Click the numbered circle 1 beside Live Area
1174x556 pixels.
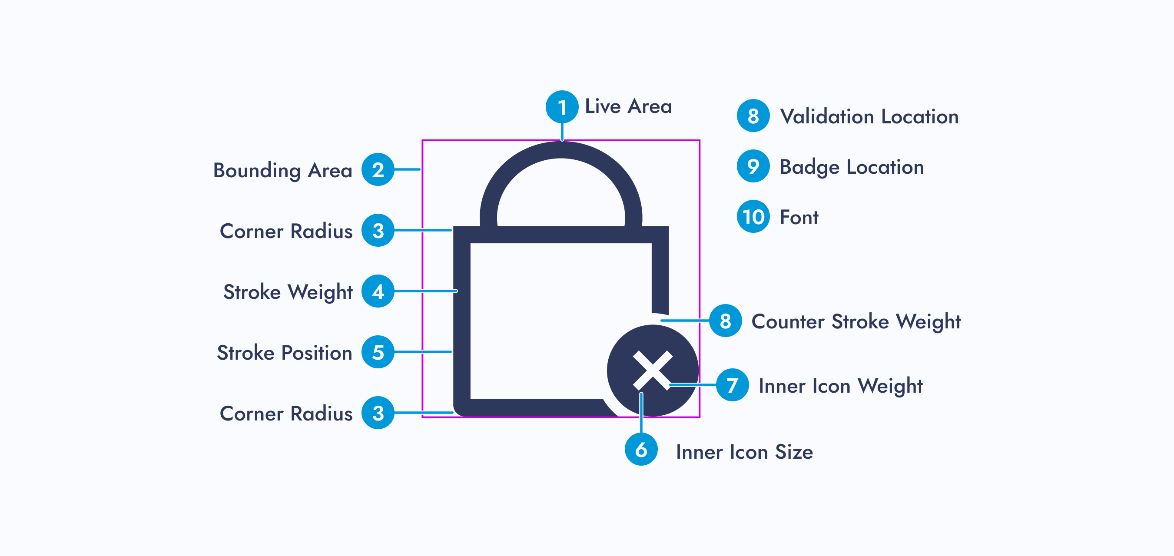[562, 107]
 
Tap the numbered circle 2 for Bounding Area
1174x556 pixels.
[378, 169]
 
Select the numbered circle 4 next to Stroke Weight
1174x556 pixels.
[378, 291]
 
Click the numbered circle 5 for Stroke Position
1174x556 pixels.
[378, 352]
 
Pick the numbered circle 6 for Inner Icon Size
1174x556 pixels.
[641, 449]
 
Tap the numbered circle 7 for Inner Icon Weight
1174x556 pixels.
[733, 385]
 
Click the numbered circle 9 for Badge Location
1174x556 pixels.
[753, 166]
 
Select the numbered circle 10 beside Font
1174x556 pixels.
[753, 216]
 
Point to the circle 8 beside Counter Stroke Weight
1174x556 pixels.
[725, 321]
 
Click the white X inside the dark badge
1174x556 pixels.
[653, 370]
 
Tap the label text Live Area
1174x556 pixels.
[628, 107]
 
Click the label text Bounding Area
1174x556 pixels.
[282, 170]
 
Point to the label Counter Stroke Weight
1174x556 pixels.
[856, 322]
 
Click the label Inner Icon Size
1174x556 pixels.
[744, 452]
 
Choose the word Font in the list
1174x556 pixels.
[799, 217]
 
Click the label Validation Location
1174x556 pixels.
[869, 117]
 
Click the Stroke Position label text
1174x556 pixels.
[285, 353]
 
